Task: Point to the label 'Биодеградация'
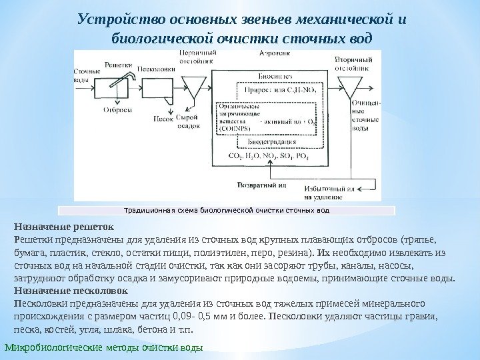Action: click(271, 143)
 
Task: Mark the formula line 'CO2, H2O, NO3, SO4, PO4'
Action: click(269, 155)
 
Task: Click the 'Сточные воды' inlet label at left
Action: click(81, 74)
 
